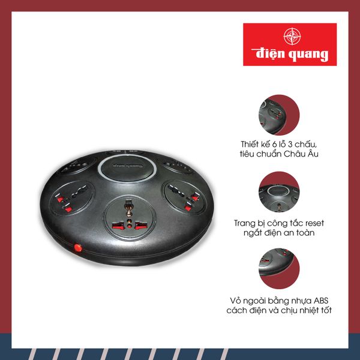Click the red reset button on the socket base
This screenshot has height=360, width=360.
click(78, 248)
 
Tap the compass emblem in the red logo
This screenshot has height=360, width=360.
click(292, 36)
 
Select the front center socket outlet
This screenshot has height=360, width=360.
click(130, 218)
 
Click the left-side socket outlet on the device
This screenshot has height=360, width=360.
click(72, 198)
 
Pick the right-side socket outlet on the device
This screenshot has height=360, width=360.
click(185, 197)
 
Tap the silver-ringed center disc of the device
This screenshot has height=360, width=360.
click(127, 167)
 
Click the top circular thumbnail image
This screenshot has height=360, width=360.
click(279, 115)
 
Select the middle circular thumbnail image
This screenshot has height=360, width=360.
click(279, 192)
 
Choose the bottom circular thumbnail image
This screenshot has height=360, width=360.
click(279, 269)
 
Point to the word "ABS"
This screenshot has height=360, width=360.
click(321, 301)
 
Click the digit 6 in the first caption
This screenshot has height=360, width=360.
click(274, 145)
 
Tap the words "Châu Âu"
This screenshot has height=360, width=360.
click(301, 154)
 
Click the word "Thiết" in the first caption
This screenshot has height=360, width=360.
click(250, 144)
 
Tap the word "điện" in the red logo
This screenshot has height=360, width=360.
click(269, 54)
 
